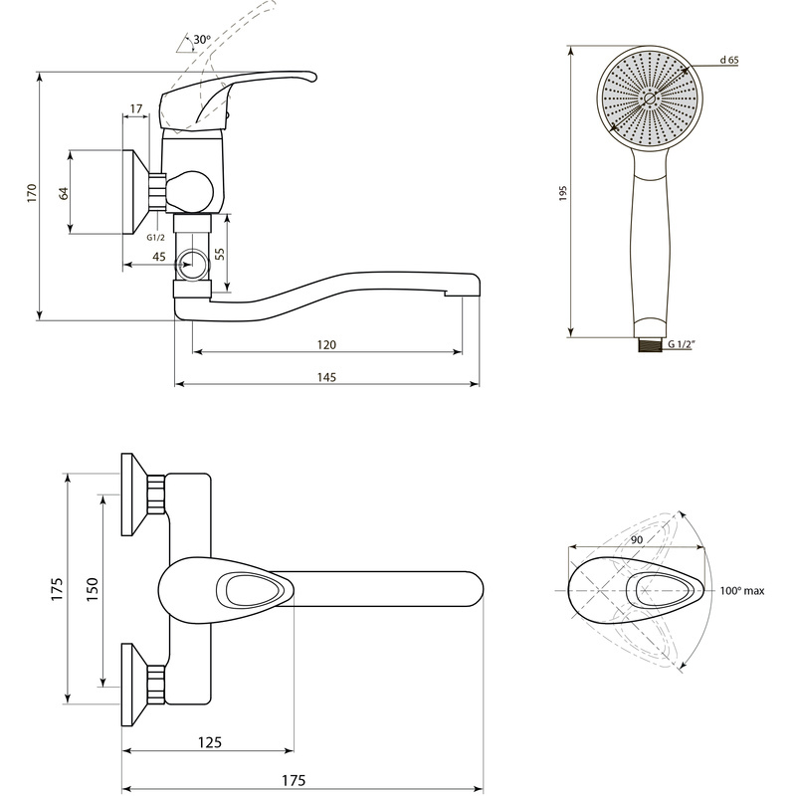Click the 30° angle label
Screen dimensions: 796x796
coord(202,39)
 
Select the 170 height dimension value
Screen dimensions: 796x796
coord(32,193)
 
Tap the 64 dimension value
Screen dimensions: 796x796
coord(64,193)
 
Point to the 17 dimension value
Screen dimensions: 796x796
coord(136,108)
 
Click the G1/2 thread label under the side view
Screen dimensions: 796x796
coord(156,237)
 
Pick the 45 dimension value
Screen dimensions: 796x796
coord(159,257)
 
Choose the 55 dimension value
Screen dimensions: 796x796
coord(220,254)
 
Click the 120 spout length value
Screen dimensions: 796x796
coord(326,344)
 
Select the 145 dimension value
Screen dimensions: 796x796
coord(326,377)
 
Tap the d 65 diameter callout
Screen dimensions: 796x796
coord(729,60)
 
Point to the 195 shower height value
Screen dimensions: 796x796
coord(562,193)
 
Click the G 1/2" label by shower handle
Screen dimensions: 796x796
coord(681,344)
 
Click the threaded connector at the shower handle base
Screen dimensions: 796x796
coord(649,344)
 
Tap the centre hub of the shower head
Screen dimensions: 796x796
coord(650,99)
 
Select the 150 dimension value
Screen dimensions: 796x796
coord(92,589)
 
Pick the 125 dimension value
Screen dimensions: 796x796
coord(210,742)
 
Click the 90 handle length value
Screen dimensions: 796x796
coord(637,539)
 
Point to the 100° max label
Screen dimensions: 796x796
coord(741,591)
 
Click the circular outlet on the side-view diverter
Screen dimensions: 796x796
coord(192,265)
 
